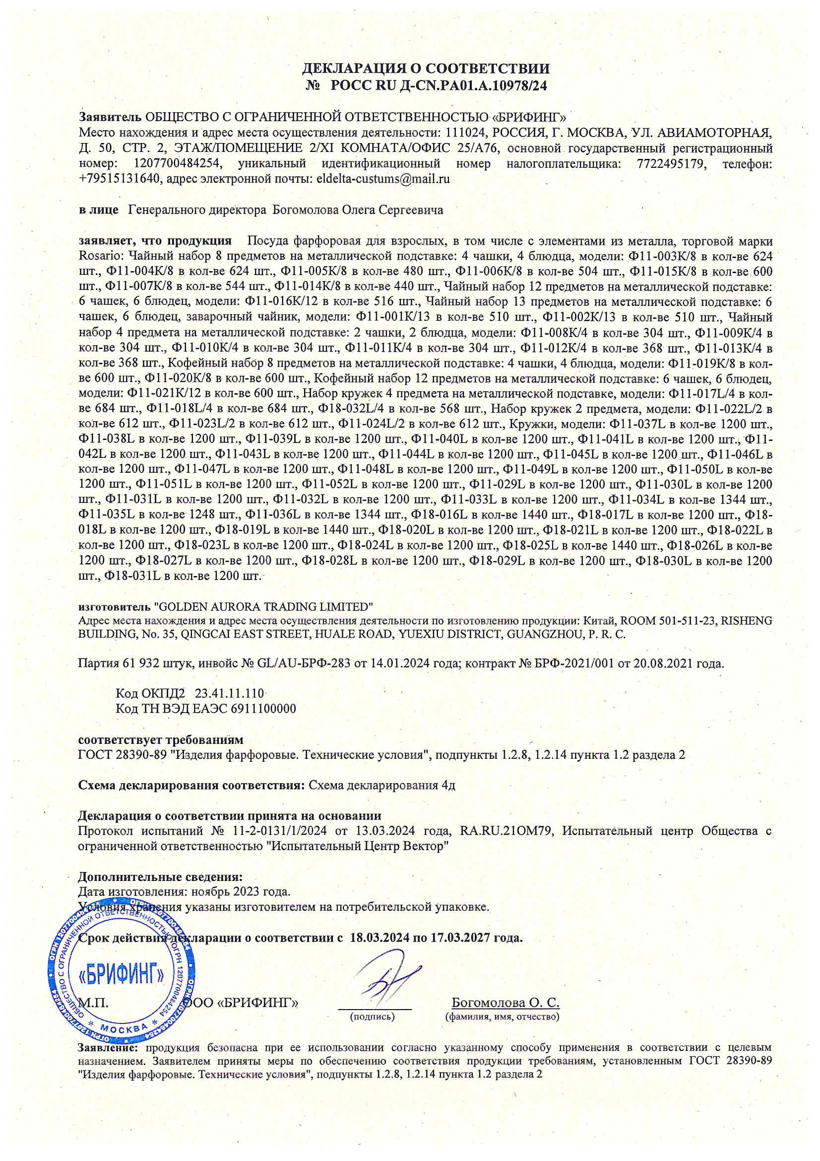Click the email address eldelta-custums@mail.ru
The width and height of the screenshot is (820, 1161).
(x=383, y=178)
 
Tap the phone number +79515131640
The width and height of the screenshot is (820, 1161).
(x=119, y=178)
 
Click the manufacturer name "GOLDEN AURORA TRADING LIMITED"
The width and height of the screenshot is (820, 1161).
(x=263, y=606)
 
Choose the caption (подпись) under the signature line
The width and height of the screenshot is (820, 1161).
(x=373, y=1016)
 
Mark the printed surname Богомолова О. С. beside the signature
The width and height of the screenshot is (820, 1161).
(x=505, y=1002)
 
